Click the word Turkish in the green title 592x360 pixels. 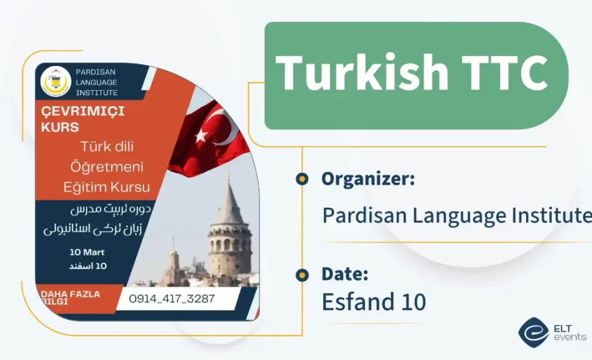pos(361,73)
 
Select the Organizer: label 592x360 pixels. pos(368,179)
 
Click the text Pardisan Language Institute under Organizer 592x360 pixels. pos(456,216)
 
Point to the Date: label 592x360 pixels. pos(345,274)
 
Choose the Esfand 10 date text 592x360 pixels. pos(374,302)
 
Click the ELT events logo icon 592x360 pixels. pos(533,333)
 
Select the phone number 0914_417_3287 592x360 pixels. pos(171,298)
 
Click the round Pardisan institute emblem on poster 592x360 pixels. pos(55,82)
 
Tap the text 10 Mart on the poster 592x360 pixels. pos(86,252)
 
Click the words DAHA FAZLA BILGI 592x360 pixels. pos(71,297)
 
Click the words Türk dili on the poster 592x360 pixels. pos(107,147)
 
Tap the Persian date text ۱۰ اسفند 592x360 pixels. pos(88,266)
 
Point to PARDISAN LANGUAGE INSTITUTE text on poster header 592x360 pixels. pos(96,82)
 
